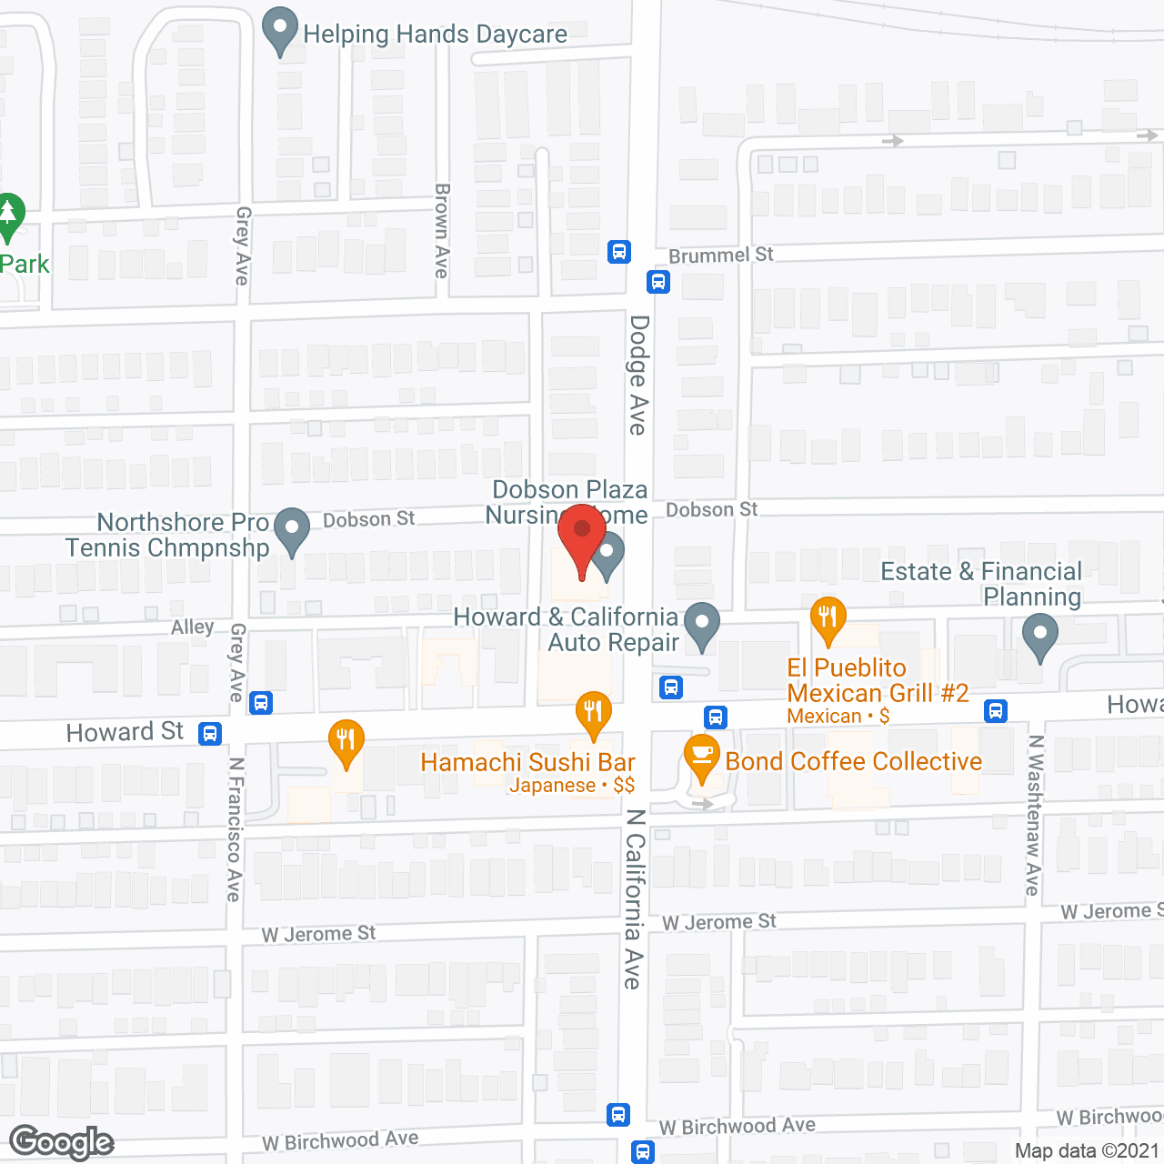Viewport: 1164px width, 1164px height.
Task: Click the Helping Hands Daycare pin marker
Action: pos(280,30)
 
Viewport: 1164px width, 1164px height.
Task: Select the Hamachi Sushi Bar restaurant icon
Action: pos(593,713)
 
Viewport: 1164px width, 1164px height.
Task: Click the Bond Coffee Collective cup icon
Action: pos(701,757)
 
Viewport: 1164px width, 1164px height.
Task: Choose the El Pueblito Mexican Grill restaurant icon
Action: pos(828,618)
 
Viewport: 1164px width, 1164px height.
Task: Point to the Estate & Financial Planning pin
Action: pos(1039,636)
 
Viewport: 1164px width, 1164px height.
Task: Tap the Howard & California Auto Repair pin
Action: pos(701,625)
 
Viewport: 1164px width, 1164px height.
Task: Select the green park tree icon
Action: pos(9,216)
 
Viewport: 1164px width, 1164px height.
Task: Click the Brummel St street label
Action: pos(720,256)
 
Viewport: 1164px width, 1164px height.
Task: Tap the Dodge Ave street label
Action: pos(639,375)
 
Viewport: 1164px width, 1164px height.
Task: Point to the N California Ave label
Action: pos(634,898)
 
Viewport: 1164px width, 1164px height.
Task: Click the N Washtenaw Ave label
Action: pos(1034,816)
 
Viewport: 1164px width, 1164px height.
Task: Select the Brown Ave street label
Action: pos(442,231)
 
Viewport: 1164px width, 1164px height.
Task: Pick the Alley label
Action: pos(193,627)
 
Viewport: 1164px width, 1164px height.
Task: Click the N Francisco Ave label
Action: pos(235,828)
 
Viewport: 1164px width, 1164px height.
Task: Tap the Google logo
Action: pos(62,1142)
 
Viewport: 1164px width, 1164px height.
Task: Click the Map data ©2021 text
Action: pos(1087,1150)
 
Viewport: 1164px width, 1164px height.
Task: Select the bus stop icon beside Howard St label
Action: pos(210,733)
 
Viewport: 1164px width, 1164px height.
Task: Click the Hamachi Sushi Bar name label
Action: pos(527,762)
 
